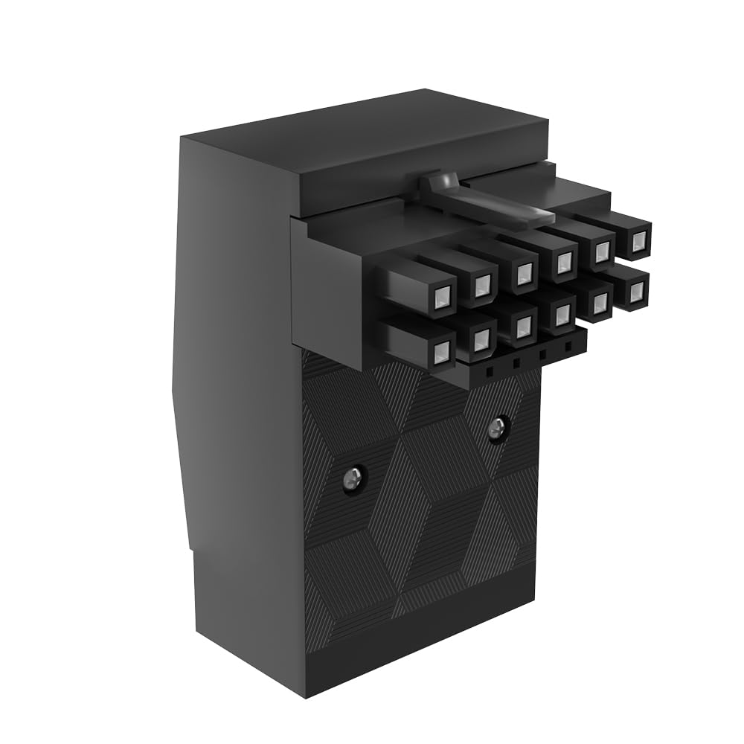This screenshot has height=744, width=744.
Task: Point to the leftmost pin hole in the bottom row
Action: click(x=442, y=350)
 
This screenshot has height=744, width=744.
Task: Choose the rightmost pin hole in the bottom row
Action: click(x=636, y=292)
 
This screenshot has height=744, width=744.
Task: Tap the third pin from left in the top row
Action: click(x=525, y=271)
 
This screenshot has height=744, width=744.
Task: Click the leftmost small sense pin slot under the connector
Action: click(x=491, y=368)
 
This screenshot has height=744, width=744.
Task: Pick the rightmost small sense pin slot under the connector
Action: click(x=569, y=347)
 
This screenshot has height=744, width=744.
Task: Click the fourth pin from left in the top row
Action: click(x=564, y=260)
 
